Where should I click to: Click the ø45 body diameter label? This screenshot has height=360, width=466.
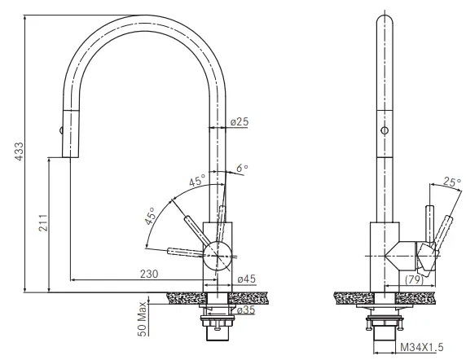pos(246,280)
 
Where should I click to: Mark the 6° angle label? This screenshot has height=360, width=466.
pos(241,169)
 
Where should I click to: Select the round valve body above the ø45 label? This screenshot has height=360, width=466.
pos(217,252)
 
